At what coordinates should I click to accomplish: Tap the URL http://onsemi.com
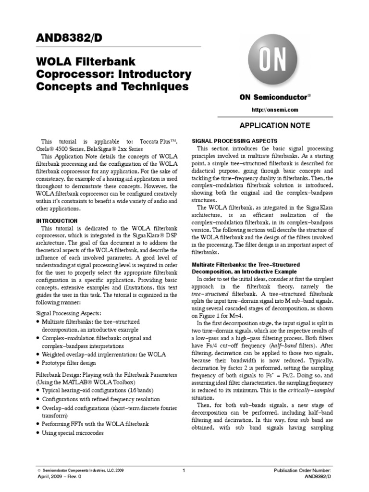275,110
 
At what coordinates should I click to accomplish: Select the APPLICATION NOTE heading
275,125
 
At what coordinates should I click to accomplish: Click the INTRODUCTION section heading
57,221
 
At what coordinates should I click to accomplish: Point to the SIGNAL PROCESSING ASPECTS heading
234,141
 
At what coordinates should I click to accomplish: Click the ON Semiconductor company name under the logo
273,97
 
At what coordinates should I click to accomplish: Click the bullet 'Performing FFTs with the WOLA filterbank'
95,424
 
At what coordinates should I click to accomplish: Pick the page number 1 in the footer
184,470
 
